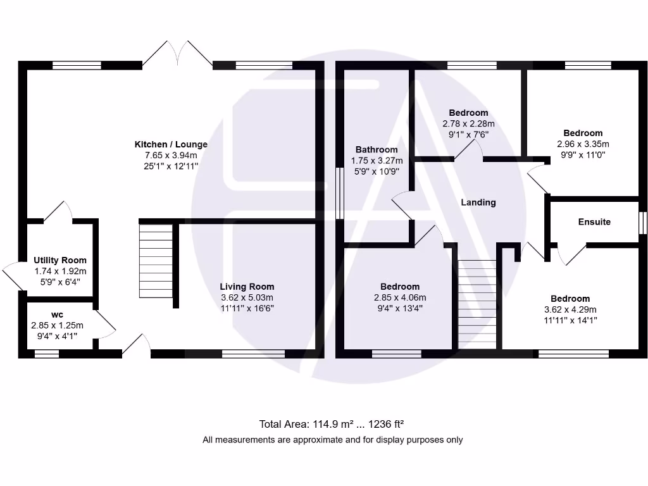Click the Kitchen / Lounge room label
point(171,144)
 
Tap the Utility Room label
point(60,260)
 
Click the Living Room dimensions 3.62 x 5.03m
point(247,297)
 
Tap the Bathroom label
point(377,150)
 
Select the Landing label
point(478,202)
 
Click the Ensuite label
point(594,221)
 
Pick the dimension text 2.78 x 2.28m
point(469,124)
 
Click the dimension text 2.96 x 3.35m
point(583,144)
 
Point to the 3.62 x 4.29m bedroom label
point(570,299)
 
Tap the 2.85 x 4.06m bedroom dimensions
point(400,298)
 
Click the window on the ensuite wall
point(642,223)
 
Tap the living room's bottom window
point(253,354)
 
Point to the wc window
point(47,354)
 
